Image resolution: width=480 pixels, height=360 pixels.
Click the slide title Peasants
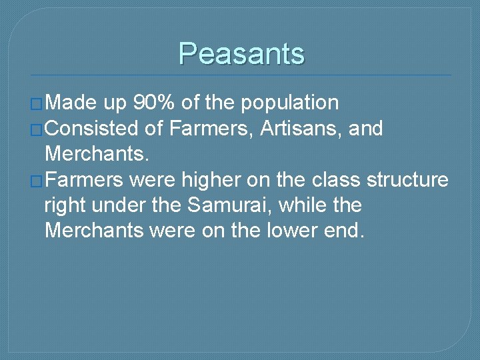pos(241,53)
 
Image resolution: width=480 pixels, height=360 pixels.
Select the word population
pos(290,103)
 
